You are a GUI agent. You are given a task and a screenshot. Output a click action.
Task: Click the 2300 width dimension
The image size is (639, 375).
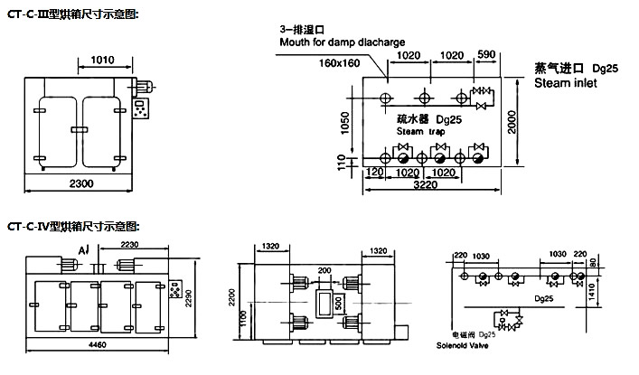click(80, 184)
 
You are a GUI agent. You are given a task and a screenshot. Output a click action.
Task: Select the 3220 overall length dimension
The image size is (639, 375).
click(426, 184)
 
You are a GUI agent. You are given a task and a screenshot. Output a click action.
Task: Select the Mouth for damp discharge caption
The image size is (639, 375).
click(343, 42)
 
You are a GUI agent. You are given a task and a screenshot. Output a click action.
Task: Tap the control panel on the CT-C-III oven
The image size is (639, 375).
click(141, 106)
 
